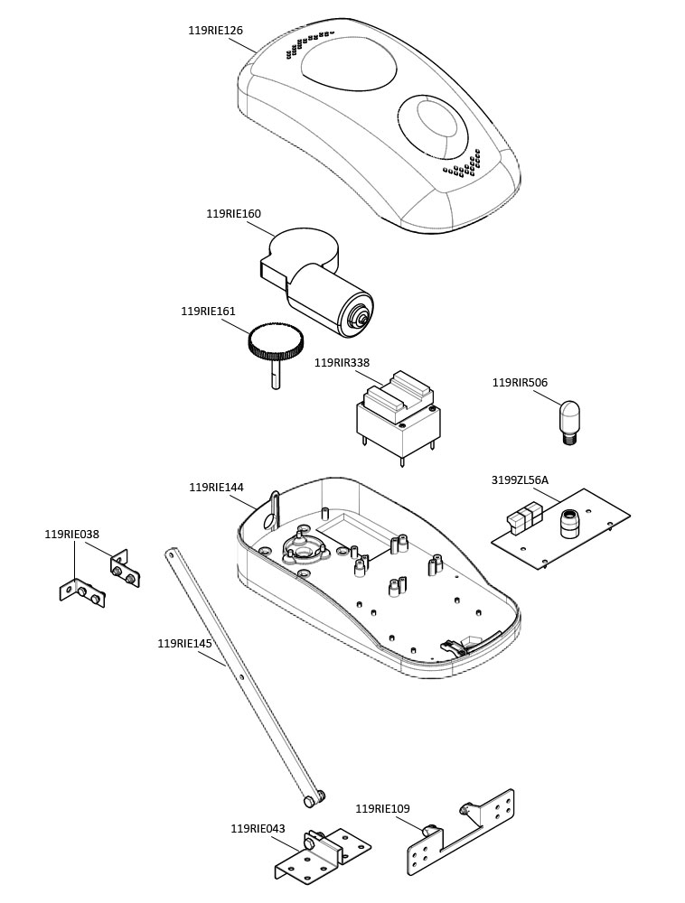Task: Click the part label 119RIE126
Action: pos(215,31)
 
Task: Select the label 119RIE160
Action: pos(233,214)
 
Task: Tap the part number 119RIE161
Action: pos(208,312)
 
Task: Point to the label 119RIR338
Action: pos(342,363)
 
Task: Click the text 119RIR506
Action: pos(520,383)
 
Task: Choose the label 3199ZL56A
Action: pos(520,480)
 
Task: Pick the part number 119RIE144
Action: pos(216,488)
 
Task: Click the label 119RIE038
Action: pos(71,535)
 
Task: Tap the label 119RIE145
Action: pos(184,644)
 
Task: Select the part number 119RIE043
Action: pos(258,829)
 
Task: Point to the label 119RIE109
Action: pos(382,809)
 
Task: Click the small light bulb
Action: pos(570,420)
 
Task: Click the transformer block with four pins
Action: pos(398,420)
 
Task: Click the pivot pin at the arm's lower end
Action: pos(312,798)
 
